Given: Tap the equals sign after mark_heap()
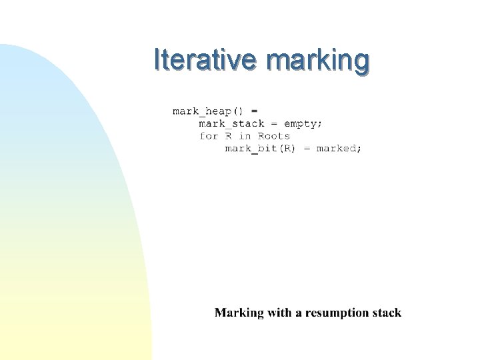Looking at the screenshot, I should click(x=254, y=111).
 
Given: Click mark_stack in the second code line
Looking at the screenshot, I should click(x=231, y=123).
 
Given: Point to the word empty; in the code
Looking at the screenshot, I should click(x=303, y=123).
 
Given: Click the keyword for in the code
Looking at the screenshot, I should click(x=209, y=136).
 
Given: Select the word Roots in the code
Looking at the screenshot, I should click(x=274, y=136).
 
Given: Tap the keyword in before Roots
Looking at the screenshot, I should click(x=245, y=136).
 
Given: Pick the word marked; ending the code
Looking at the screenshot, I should click(x=339, y=149).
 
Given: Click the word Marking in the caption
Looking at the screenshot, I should click(x=239, y=313).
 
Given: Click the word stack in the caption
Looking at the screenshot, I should click(x=387, y=313).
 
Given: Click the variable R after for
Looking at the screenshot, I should click(x=228, y=136).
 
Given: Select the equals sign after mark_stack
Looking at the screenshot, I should click(x=273, y=123).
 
